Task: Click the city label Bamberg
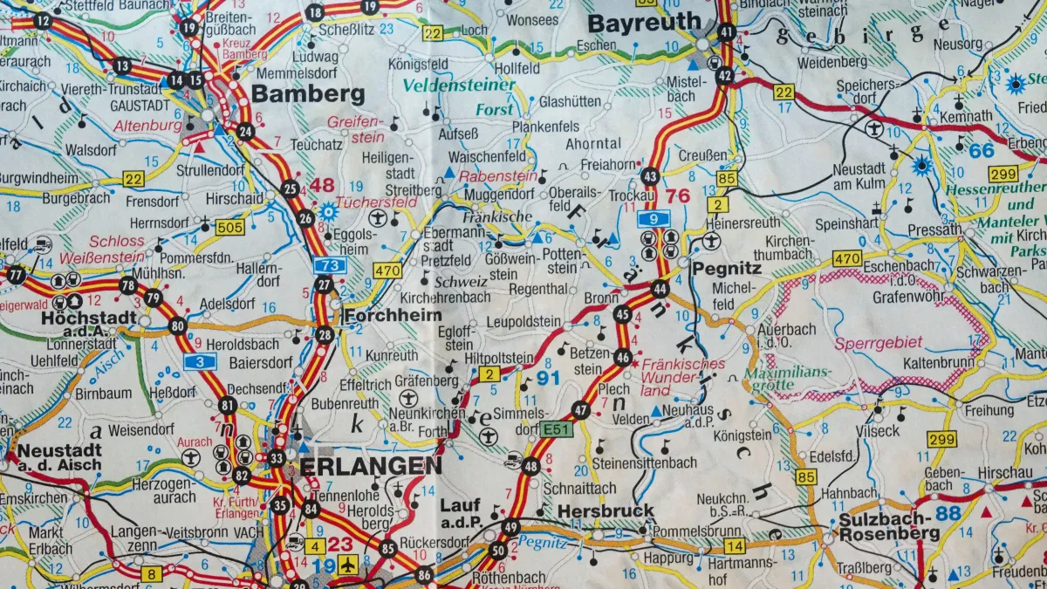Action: point(296,94)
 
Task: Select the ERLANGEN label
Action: point(370,466)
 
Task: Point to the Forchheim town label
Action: point(393,315)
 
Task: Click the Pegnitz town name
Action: point(722,269)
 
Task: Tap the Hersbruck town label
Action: point(605,510)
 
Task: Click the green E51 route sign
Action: point(555,429)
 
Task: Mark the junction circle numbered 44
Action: point(660,289)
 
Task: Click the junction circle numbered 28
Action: point(325,335)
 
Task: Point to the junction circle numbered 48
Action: point(530,466)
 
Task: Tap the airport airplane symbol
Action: point(348,565)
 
